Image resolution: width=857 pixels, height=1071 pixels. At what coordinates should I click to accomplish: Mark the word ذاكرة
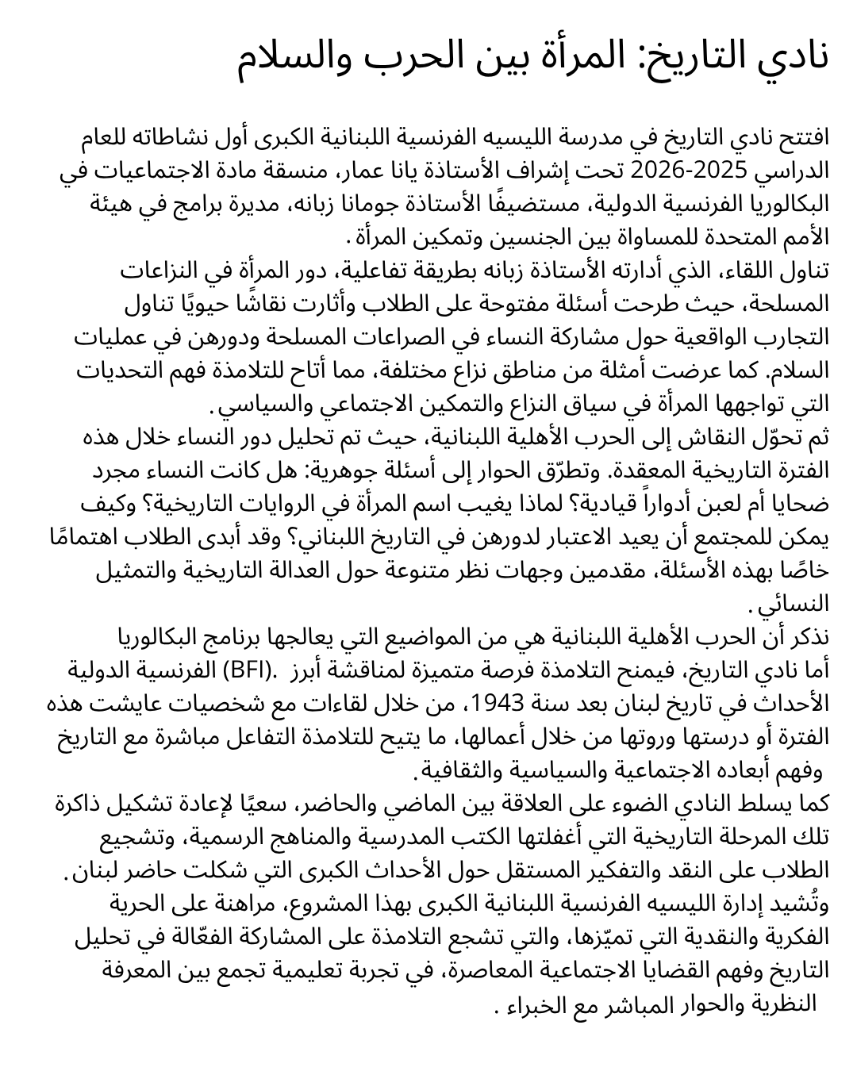pyautogui.click(x=84, y=804)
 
